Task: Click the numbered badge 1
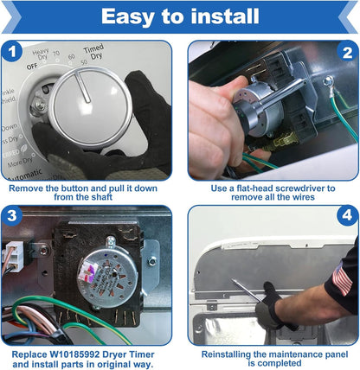pos(12,52)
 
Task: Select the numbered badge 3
pos(12,216)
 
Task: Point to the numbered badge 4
pos(348,215)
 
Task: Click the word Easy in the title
pos(127,16)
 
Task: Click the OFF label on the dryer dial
pos(32,67)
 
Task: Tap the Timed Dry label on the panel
pos(94,52)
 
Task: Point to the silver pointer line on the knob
pos(82,86)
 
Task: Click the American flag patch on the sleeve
pos(342,278)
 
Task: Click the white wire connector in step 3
pos(14,257)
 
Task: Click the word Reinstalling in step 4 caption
pos(226,354)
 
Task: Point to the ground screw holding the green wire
pos(328,82)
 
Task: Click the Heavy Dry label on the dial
pos(41,54)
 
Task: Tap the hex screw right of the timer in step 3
pos(152,261)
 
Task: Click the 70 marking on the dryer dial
pos(56,54)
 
